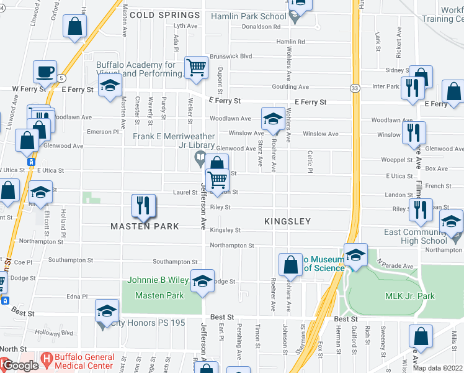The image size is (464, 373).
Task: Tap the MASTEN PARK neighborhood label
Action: [x=145, y=226]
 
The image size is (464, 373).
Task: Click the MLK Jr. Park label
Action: [x=410, y=297]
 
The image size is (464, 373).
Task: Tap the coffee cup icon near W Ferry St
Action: [x=45, y=72]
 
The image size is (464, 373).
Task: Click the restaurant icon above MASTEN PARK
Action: [x=144, y=206]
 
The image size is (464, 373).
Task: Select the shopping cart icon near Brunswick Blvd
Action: [x=197, y=67]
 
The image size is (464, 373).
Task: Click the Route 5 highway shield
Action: [x=61, y=78]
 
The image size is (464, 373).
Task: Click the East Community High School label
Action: [x=423, y=237]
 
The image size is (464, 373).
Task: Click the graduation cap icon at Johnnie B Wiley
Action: [x=202, y=281]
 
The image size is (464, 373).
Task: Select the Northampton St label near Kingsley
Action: [x=232, y=246]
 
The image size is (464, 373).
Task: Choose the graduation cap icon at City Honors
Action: [x=107, y=311]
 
